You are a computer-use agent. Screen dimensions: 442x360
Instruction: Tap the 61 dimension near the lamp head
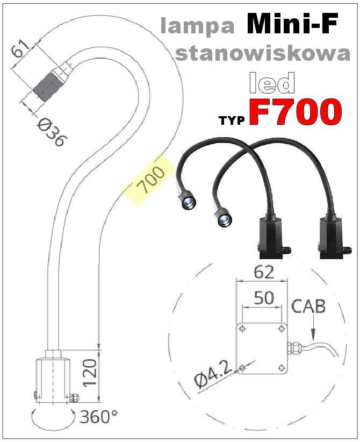20,51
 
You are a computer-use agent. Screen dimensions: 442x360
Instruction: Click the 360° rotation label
99,416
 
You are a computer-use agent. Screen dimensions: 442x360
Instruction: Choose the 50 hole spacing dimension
263,298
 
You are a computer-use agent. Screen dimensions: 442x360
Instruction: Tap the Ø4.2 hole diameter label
213,374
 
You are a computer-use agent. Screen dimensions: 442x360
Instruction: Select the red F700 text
295,112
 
